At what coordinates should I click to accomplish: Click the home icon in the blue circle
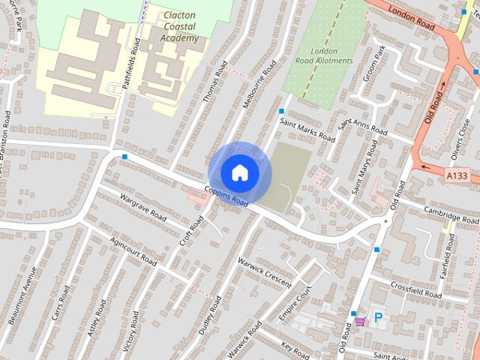click(239, 172)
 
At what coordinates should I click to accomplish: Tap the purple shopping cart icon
click(361, 320)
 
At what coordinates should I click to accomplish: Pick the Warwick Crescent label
click(263, 271)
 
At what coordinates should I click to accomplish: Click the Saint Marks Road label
click(307, 128)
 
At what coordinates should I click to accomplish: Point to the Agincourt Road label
click(133, 251)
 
